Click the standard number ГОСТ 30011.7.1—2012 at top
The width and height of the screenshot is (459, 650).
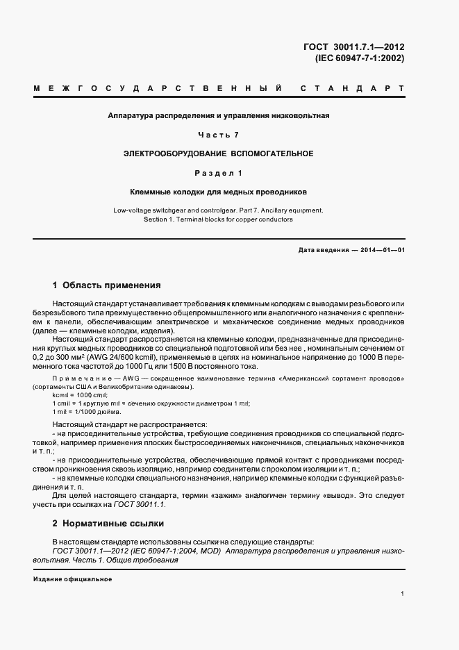coord(354,47)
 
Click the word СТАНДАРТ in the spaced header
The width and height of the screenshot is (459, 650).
coord(353,90)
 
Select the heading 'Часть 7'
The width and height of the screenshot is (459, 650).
coord(219,134)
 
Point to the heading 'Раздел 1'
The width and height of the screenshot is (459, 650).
coord(219,172)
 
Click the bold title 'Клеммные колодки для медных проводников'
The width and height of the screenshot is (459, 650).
coord(219,190)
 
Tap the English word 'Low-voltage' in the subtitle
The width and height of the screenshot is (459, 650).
coord(133,209)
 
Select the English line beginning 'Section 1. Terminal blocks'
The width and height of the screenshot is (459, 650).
coord(219,219)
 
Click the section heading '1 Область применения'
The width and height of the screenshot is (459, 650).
coord(107,285)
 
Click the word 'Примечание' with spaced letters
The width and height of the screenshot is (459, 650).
coord(81,379)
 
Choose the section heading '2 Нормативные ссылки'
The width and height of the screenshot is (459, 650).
coord(110,522)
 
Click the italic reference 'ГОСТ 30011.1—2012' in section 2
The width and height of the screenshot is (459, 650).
coord(92,551)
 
